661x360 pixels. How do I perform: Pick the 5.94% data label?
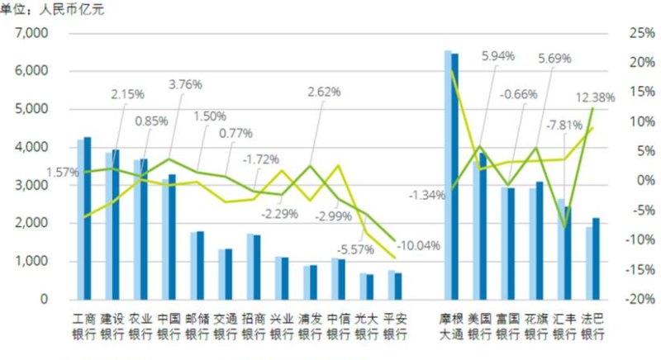[x=497, y=56]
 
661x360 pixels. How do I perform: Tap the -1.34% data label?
[x=427, y=195]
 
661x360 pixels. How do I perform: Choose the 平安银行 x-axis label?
[x=395, y=325]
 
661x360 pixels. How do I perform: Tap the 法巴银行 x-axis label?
[x=592, y=325]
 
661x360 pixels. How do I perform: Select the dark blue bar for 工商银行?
[x=88, y=218]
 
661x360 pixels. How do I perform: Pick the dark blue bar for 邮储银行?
[x=200, y=266]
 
